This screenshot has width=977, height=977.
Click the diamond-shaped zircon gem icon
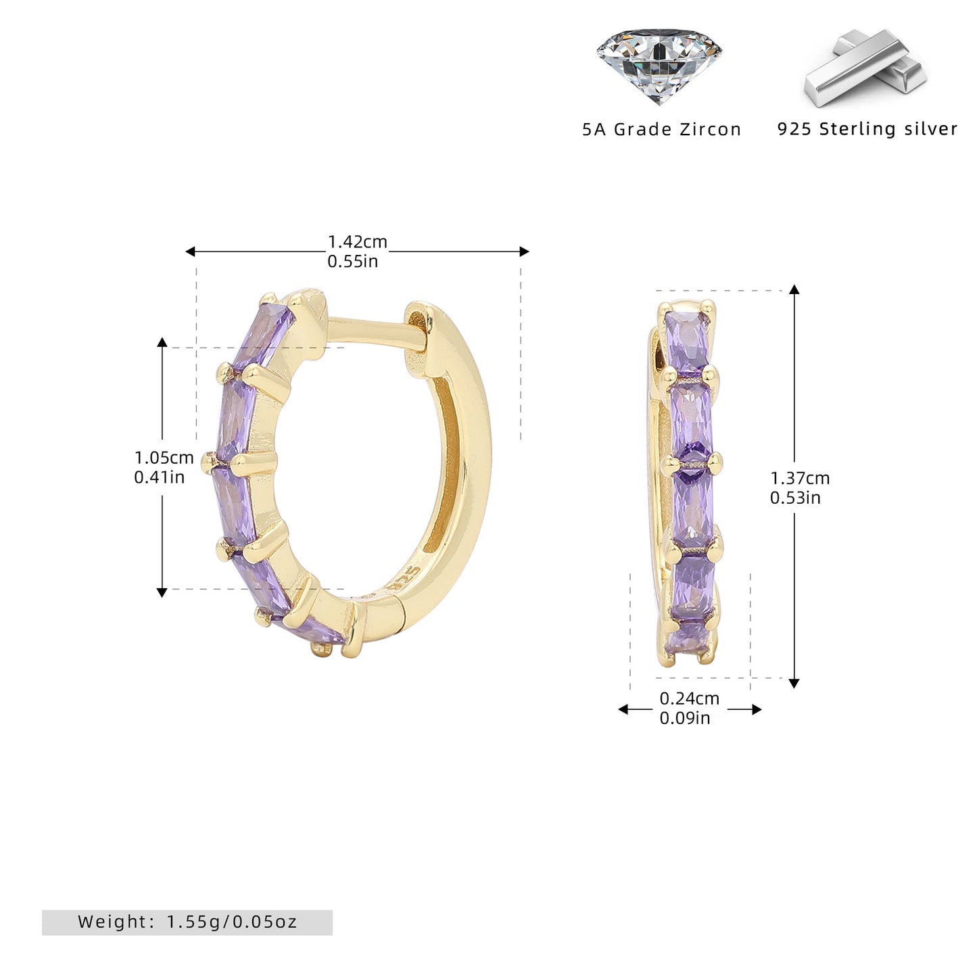659,66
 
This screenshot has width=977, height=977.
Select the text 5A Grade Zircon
662,129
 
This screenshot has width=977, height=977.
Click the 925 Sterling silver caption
867,128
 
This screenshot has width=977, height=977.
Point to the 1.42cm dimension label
358,242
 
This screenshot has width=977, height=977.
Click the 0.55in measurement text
353,261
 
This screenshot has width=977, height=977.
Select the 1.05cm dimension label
164,458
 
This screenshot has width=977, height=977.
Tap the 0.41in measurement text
159,477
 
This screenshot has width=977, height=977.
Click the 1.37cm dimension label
800,478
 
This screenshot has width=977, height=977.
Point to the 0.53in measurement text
795,498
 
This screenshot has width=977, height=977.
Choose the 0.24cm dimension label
690,698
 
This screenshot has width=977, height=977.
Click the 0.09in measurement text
685,718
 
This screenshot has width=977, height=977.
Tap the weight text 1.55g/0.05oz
232,922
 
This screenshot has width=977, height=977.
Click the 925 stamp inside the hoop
406,579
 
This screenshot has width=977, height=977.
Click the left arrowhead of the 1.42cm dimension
189,252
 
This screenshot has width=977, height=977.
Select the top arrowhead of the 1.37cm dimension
794,289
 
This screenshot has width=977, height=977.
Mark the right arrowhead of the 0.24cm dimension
757,709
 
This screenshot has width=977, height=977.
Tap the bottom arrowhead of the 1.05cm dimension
162,592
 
